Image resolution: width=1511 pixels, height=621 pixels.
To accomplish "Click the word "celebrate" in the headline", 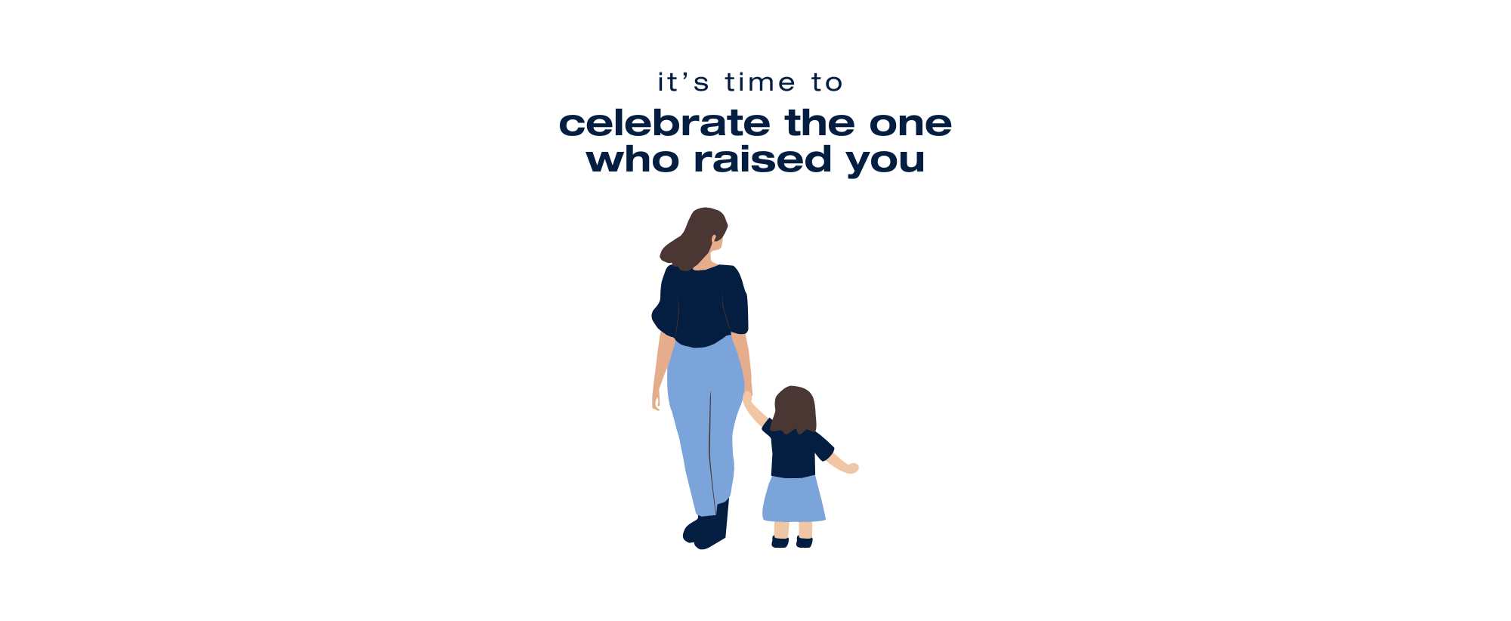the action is click(665, 123).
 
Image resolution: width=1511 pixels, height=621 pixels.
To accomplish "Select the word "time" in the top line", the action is click(760, 82).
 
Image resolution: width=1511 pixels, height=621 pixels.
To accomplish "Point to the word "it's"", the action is click(684, 82).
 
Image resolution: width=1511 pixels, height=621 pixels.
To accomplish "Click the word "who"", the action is click(632, 159).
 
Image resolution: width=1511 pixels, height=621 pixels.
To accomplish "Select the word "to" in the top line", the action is click(827, 82).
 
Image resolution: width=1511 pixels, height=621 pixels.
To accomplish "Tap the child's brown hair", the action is click(795, 409).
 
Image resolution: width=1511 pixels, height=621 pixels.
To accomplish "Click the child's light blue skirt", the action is click(793, 499).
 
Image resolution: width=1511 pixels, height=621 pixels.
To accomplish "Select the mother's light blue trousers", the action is click(704, 423).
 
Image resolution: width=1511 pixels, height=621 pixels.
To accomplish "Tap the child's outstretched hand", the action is click(852, 468).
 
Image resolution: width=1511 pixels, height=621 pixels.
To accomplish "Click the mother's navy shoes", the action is click(707, 527).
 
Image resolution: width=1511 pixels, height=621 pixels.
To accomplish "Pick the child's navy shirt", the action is click(797, 452).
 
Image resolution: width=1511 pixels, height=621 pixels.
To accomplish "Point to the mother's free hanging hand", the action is click(656, 400).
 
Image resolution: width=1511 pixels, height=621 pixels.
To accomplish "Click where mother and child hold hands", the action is click(748, 395).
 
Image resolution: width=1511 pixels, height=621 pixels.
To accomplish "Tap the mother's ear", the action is click(713, 239).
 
